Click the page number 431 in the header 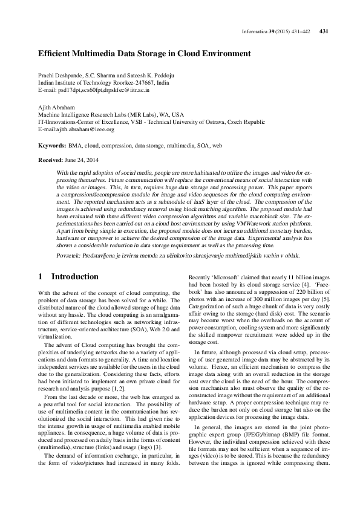[323, 31]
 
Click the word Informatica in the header [254, 31]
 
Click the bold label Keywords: [52, 146]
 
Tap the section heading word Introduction [75, 276]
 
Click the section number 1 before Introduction [41, 276]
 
